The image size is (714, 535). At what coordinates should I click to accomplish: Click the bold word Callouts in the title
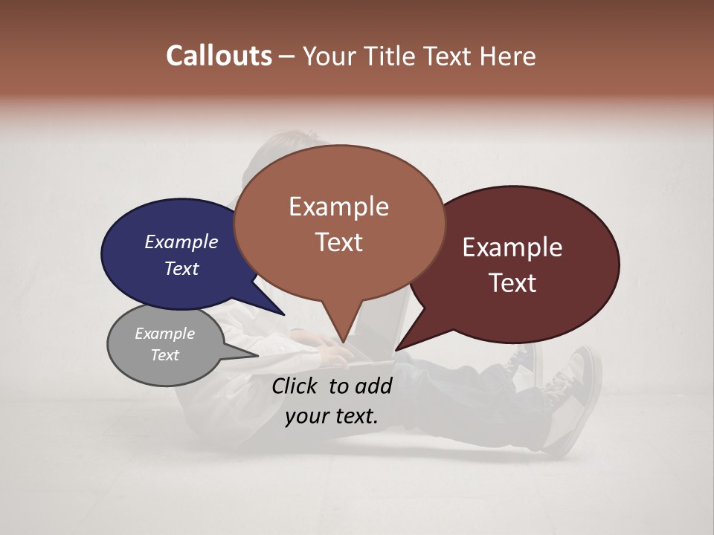point(219,56)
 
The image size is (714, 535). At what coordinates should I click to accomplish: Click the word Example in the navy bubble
point(181,241)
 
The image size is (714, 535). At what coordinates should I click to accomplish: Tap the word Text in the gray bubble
point(165,355)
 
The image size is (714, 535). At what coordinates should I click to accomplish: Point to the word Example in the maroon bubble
point(512,247)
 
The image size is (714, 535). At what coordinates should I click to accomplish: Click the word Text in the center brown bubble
point(339,242)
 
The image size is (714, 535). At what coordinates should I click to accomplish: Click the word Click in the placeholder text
point(296,386)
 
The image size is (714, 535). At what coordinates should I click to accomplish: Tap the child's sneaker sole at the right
point(587,398)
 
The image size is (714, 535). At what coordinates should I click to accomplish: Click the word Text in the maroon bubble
point(513,283)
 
